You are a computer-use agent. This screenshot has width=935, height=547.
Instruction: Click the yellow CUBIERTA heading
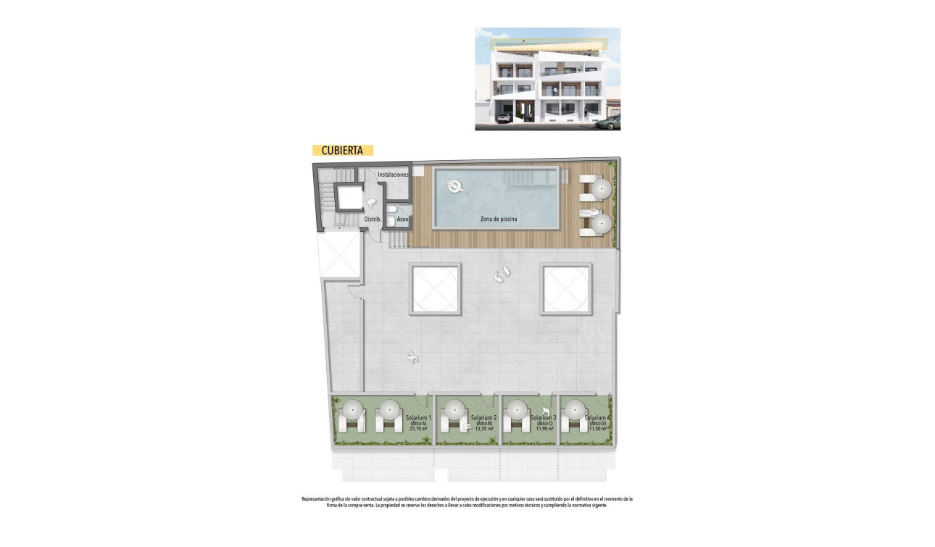click(x=342, y=151)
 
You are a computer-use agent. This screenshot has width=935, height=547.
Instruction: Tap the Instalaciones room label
click(x=393, y=175)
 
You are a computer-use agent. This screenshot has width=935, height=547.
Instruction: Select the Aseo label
click(x=403, y=219)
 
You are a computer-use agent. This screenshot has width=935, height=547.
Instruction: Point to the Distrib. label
click(x=373, y=219)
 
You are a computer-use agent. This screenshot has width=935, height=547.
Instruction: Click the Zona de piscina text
click(x=499, y=219)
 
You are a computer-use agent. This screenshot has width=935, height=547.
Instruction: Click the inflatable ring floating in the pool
click(x=456, y=187)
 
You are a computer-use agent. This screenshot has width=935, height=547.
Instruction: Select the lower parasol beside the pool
click(x=600, y=224)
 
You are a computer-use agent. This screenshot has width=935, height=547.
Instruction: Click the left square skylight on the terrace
click(x=435, y=288)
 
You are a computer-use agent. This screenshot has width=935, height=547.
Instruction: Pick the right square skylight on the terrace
click(x=567, y=288)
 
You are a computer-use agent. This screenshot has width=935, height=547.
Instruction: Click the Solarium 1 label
click(x=418, y=418)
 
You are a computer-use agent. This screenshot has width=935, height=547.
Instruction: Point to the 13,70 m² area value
click(x=483, y=429)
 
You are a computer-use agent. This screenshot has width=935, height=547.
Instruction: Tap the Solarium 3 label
click(x=543, y=418)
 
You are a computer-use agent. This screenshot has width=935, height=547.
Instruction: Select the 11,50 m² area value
click(x=597, y=429)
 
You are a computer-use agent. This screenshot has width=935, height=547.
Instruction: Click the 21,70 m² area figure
click(x=418, y=429)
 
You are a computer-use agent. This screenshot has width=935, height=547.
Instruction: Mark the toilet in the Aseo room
click(x=391, y=211)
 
